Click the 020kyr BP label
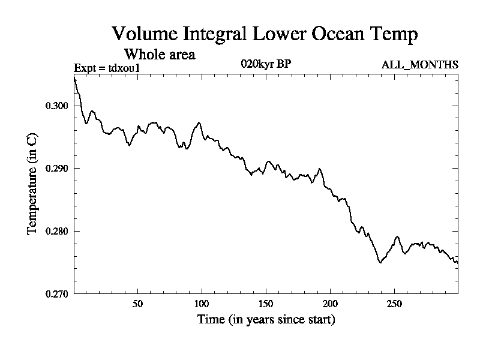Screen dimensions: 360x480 tap(266, 64)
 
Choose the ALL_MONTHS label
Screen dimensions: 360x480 tap(420, 65)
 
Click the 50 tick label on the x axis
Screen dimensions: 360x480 tap(137, 304)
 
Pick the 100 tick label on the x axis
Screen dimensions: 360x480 tap(202, 304)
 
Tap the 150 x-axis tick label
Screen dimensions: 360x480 tap(266, 304)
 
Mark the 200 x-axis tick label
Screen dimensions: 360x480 tap(330, 304)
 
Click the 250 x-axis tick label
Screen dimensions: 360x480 tap(394, 304)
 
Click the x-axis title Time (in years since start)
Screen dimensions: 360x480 tap(266, 320)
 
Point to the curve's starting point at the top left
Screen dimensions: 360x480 tap(74, 77)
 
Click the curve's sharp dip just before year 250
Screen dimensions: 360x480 tap(380, 262)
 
